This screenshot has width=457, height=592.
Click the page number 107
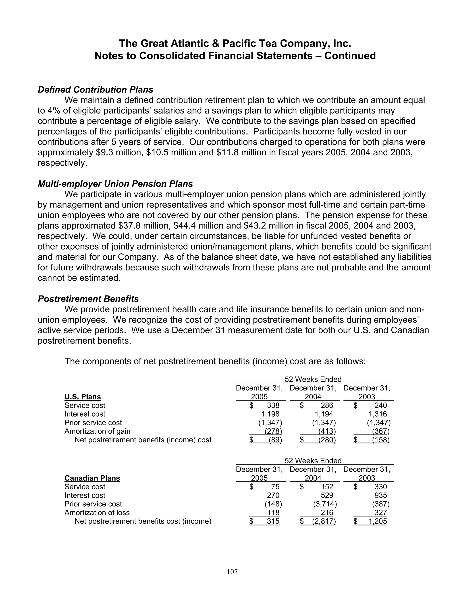232,572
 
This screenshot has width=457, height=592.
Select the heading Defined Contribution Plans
95,90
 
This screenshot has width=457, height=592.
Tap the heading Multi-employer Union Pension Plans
115,184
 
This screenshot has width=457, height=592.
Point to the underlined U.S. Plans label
83,397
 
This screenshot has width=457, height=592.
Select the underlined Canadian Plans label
92,478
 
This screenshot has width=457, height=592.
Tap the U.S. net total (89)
275,440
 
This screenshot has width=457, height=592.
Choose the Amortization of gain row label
97,431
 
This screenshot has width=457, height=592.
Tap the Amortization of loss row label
97,512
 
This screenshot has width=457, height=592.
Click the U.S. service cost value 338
273,405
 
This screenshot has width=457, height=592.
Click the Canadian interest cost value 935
381,495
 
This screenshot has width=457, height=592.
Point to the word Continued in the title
350,56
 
